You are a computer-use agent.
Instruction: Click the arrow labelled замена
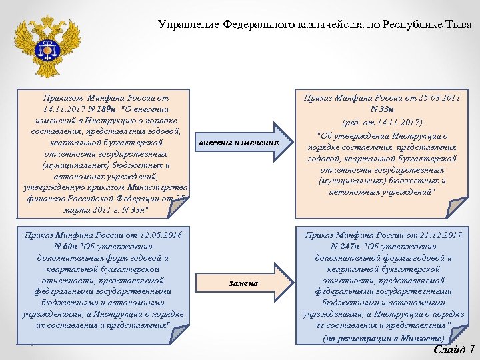pos(243,283)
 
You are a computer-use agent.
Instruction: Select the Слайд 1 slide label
pos(453,349)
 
